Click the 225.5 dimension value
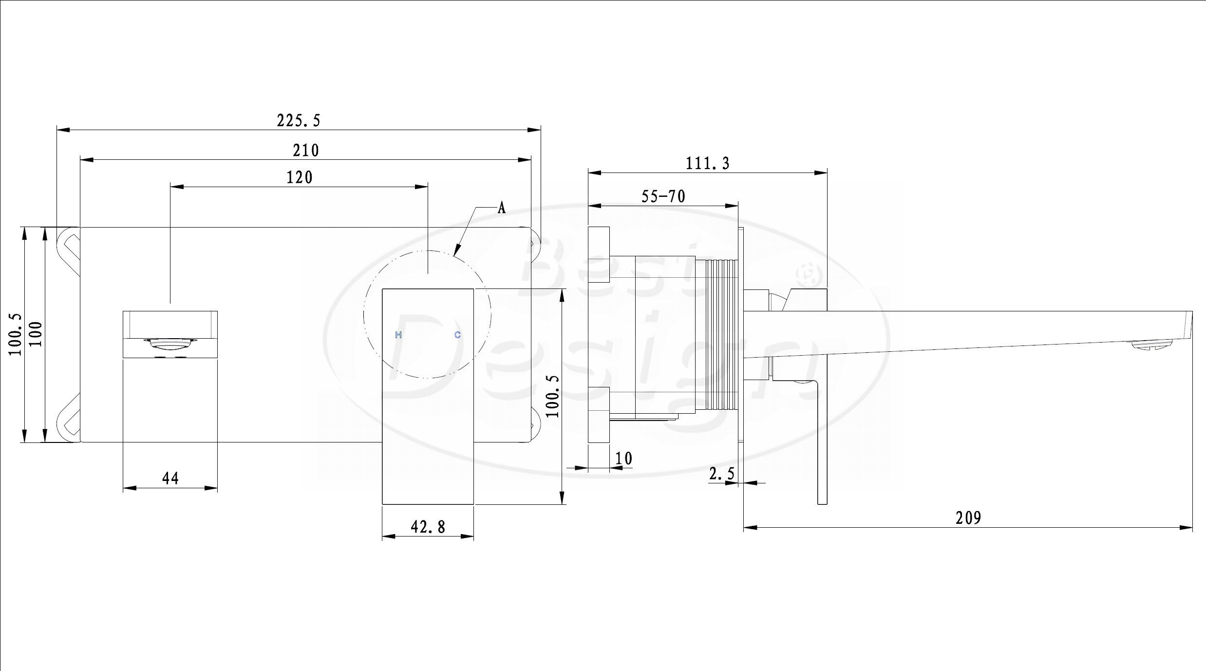click(299, 120)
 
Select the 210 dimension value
click(306, 150)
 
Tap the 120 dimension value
click(299, 177)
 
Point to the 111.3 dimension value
click(708, 163)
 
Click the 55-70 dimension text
click(663, 196)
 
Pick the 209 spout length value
click(968, 518)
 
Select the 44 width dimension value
click(170, 478)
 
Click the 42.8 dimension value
click(428, 526)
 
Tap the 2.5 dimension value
click(721, 473)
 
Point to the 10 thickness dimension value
click(623, 458)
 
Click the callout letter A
click(502, 208)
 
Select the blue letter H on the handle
click(398, 335)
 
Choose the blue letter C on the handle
click(457, 335)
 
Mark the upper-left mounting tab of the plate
click(69, 251)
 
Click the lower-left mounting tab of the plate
click(69, 418)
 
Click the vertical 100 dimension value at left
click(36, 334)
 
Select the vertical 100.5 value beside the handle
click(553, 396)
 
